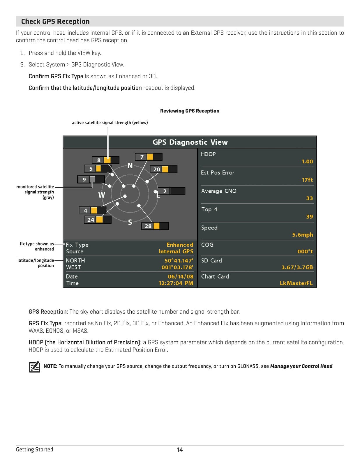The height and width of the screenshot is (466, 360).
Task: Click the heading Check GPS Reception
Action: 55,21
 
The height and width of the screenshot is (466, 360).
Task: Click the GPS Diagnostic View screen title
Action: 190,142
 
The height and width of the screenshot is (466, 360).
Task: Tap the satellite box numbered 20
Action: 163,169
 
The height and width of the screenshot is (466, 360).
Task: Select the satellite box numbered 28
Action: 155,226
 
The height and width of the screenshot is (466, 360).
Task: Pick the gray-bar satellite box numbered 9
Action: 91,179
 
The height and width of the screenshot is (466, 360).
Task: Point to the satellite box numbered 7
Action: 149,157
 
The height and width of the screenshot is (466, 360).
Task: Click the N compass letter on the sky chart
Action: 130,166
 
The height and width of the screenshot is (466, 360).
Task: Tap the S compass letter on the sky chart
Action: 130,222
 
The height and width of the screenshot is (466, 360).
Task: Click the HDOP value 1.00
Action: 307,161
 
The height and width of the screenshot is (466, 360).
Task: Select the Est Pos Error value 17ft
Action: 307,180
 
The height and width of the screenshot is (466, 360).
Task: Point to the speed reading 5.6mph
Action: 302,235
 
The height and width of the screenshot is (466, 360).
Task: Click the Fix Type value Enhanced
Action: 180,245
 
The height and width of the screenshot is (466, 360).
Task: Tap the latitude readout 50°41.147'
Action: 179,260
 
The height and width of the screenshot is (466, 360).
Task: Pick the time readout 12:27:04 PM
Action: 176,283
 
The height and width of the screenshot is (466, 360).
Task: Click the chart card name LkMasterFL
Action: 296,283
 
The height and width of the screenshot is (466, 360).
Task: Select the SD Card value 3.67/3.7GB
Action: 297,267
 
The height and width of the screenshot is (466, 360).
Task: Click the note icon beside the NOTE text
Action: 34,367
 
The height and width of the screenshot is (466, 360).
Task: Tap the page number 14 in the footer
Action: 180,450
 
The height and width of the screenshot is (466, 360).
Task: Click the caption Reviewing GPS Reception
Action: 190,111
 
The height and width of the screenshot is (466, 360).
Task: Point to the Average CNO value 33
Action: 309,198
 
